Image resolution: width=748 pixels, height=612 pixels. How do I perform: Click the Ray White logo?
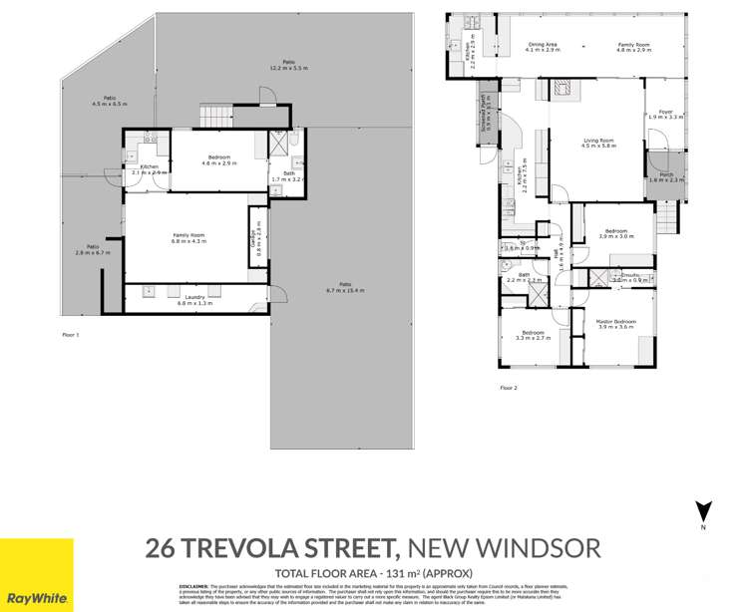click(37, 575)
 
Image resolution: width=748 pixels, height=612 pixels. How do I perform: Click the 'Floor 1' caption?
click(70, 335)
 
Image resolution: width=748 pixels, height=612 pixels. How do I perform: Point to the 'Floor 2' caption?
click(508, 387)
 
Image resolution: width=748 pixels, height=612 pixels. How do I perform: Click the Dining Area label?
click(543, 45)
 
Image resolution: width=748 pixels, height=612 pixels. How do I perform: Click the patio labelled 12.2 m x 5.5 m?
click(288, 65)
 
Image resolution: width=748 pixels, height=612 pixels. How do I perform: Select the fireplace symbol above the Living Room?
click(559, 89)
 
